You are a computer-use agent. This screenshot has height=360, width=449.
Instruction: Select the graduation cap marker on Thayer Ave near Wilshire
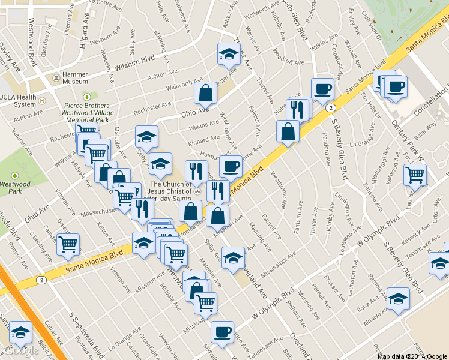(x=229, y=55)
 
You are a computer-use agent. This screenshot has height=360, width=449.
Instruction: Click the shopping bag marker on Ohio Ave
(x=205, y=93)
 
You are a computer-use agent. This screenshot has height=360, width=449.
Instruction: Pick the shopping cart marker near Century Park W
(x=415, y=175)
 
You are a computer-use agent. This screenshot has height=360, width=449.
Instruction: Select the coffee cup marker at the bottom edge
(x=222, y=332)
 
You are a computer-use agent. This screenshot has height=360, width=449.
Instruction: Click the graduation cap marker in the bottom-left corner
(x=20, y=332)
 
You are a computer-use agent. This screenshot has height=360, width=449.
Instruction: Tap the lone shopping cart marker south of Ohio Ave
(x=68, y=244)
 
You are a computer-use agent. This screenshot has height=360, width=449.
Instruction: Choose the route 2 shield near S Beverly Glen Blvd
(x=331, y=108)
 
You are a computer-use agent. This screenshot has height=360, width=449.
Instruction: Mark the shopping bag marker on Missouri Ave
(x=217, y=216)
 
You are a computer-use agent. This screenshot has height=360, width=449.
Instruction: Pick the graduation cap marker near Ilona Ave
(x=398, y=299)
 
